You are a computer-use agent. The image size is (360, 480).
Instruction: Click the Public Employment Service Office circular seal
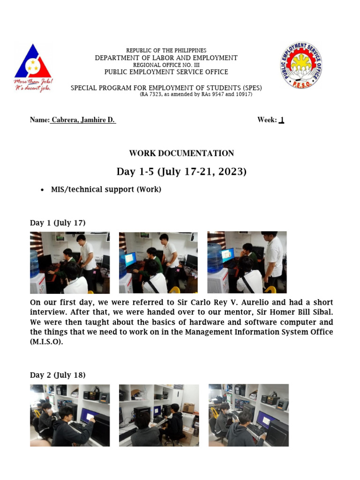click(x=301, y=65)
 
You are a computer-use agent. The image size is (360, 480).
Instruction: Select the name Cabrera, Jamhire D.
click(x=83, y=120)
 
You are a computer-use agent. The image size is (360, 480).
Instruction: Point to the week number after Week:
click(x=281, y=120)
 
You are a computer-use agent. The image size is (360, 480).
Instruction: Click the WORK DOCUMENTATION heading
click(x=181, y=153)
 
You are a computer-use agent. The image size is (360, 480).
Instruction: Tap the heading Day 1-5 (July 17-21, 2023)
click(x=181, y=172)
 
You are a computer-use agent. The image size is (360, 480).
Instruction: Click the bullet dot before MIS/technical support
click(x=43, y=190)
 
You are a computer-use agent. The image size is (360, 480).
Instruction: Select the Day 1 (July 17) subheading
click(x=58, y=223)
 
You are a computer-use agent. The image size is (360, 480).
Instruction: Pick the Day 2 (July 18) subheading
click(x=58, y=375)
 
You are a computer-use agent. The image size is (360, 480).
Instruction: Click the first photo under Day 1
click(x=70, y=262)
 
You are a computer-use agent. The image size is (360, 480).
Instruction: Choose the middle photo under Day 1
click(x=158, y=262)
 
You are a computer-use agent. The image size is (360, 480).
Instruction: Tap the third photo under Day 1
click(x=247, y=262)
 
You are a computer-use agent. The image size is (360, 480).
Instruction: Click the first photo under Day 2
click(x=70, y=415)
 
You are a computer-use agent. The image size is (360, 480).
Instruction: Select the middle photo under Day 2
click(x=158, y=415)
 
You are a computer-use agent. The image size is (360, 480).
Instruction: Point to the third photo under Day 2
click(x=248, y=415)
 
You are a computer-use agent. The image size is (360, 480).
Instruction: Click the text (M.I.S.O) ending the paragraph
click(x=46, y=342)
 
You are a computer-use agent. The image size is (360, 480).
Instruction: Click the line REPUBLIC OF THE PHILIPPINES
click(x=166, y=51)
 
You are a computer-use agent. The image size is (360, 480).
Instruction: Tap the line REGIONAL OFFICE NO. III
click(x=166, y=65)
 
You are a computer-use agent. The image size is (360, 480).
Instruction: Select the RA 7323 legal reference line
click(x=196, y=94)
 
